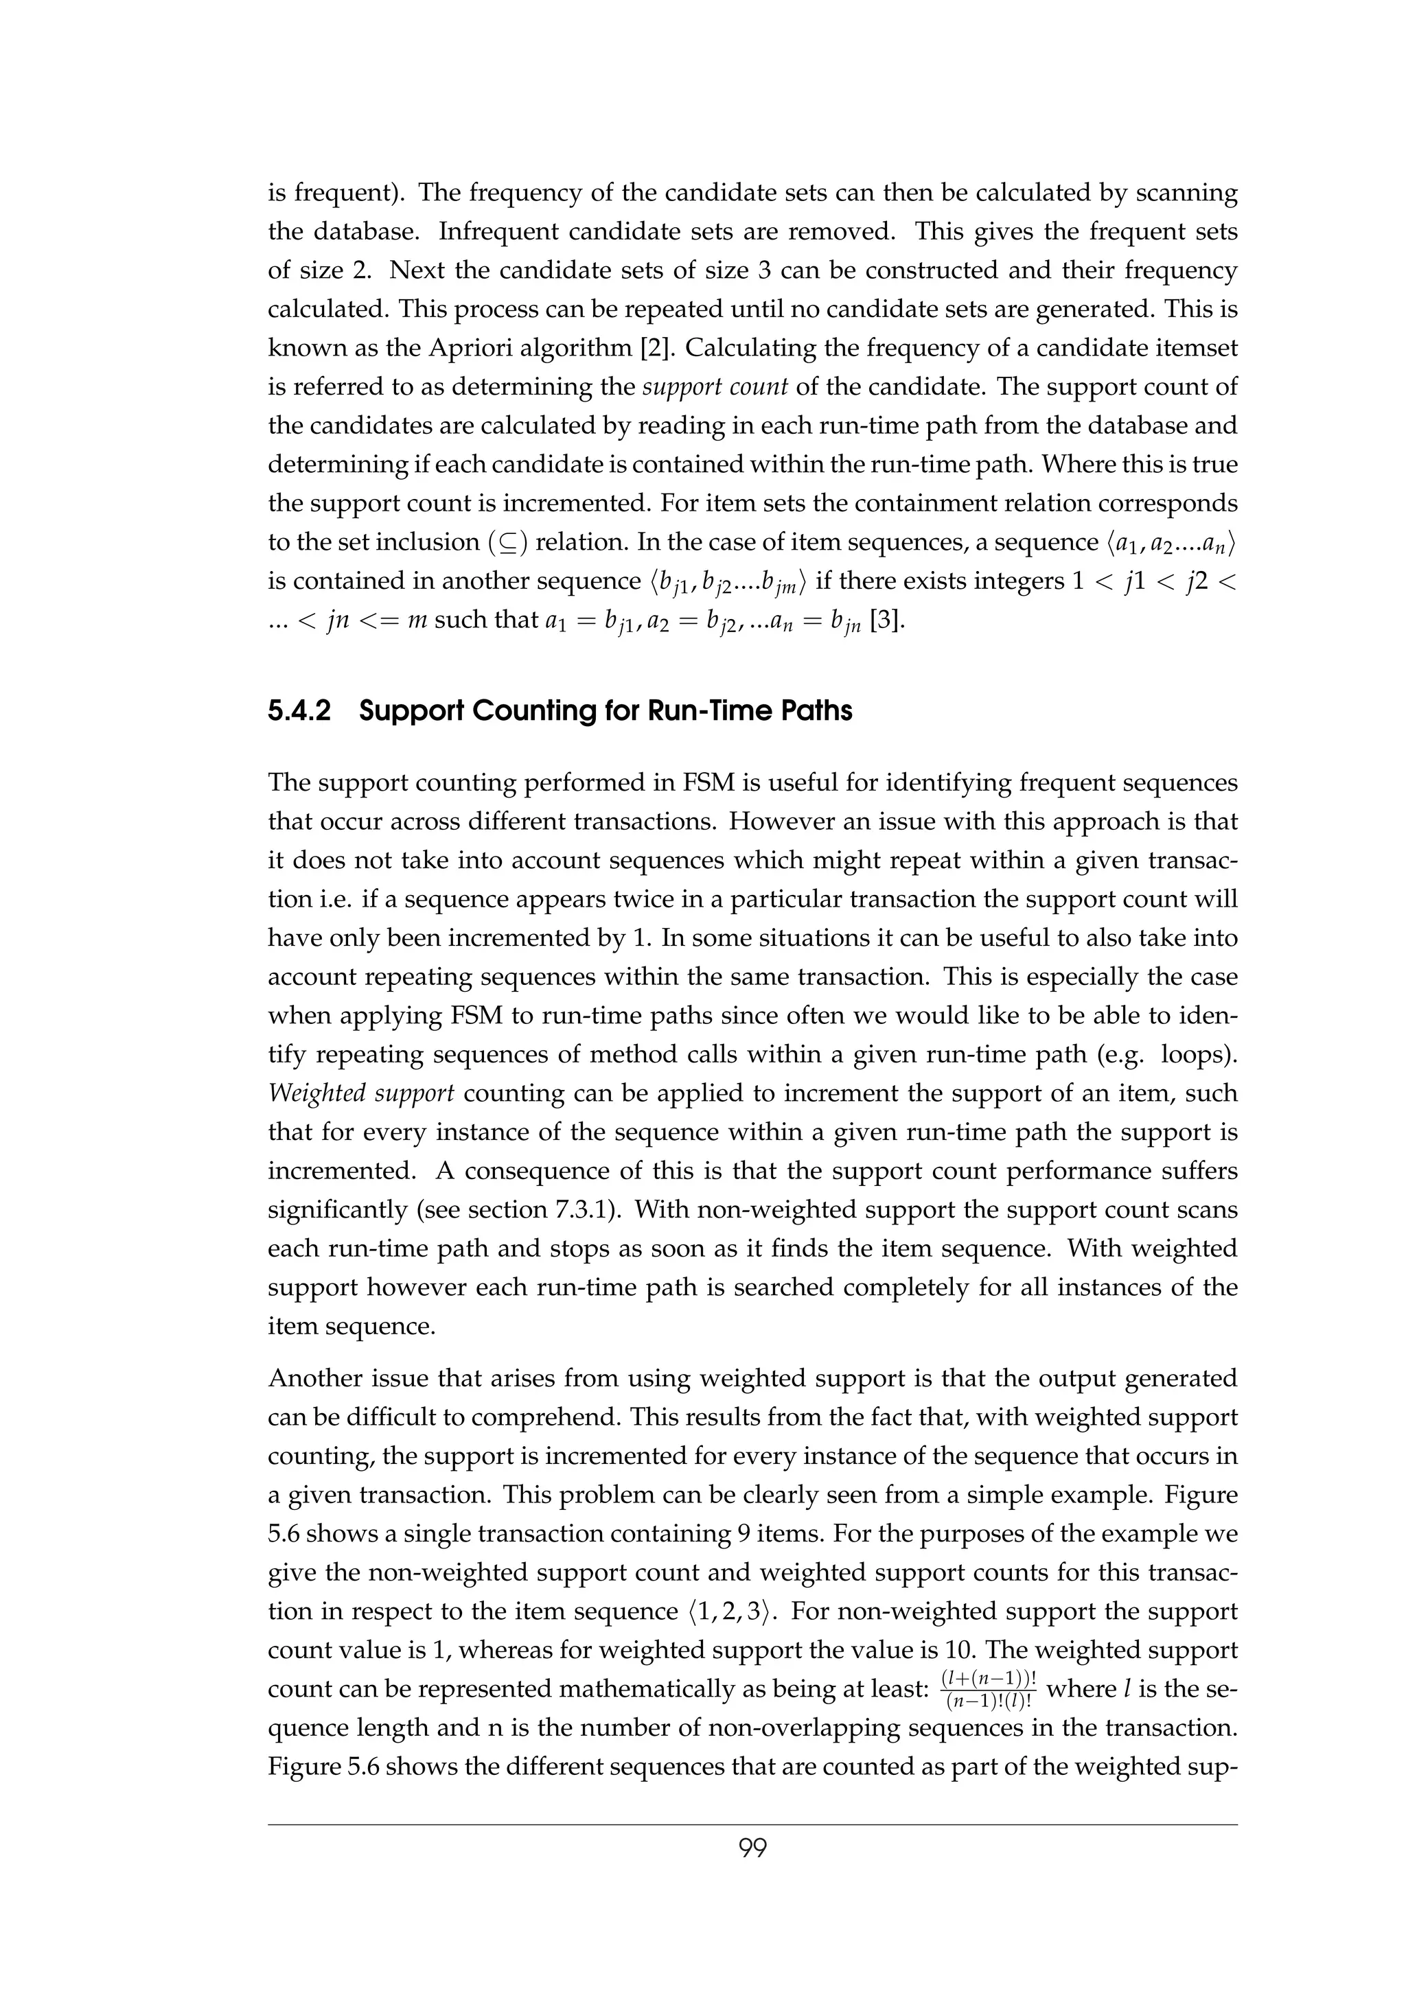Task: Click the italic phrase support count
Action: (x=715, y=387)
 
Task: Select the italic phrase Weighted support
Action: (x=360, y=1093)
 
